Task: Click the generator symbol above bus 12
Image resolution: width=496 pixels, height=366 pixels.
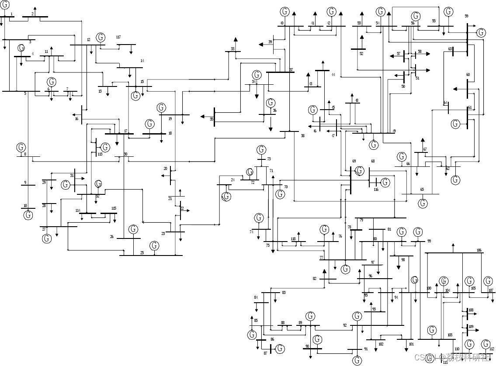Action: (101, 37)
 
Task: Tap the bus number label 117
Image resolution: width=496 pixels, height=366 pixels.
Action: (118, 38)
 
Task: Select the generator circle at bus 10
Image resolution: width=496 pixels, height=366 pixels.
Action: (28, 215)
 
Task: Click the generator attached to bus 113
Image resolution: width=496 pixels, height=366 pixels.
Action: (106, 148)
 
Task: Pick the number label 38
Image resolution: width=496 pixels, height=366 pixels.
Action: (302, 136)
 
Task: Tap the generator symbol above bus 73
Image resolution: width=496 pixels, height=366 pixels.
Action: (261, 150)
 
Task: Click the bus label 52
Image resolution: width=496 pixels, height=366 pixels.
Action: (361, 54)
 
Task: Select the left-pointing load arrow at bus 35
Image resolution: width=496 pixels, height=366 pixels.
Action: (203, 117)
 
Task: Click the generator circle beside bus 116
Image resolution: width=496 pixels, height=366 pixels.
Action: (385, 183)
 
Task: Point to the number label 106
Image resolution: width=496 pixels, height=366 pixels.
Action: (479, 250)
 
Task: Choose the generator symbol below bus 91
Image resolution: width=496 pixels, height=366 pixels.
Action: (357, 360)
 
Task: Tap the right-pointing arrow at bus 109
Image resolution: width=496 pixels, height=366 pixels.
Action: (476, 331)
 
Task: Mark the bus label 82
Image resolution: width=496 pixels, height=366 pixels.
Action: (315, 279)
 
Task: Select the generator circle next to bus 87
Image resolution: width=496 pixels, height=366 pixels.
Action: (280, 349)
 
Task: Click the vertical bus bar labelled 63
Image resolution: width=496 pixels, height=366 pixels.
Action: (453, 51)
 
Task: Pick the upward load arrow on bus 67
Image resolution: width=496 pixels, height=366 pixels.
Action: (423, 141)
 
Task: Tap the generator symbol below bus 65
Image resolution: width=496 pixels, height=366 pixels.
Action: (423, 204)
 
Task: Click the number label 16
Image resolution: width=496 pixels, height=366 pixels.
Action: (76, 119)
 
